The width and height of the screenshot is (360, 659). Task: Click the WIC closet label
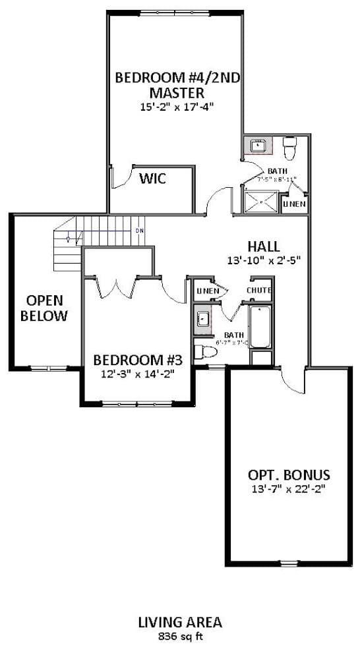coord(152,179)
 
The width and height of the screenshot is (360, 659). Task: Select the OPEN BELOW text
coord(44,308)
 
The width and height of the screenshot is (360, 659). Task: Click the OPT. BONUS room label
coord(289,474)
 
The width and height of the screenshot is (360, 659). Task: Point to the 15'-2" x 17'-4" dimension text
coord(176,105)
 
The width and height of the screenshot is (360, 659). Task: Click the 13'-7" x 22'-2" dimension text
coord(289,489)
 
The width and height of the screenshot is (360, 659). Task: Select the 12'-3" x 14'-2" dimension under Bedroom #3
coord(137,375)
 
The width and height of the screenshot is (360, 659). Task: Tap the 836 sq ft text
coord(179,637)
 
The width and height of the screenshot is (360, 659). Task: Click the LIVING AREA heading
coord(179,622)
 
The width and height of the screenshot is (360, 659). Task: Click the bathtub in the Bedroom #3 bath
coord(260,327)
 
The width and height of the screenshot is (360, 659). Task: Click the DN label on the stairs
coord(140,231)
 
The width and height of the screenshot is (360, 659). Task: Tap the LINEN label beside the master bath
coord(294,204)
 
